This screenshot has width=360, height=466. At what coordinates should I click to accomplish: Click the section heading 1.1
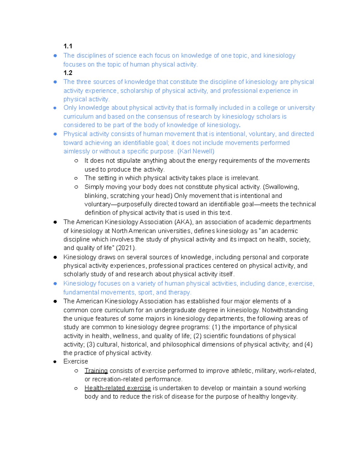[68, 46]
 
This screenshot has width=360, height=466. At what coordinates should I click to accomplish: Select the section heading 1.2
[68, 73]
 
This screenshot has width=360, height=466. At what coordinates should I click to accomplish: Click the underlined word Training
[96, 371]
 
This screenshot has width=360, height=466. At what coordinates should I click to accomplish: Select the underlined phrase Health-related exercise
[118, 388]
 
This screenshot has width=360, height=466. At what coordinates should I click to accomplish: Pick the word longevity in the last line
[284, 397]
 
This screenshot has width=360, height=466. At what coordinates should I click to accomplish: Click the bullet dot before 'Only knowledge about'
[55, 108]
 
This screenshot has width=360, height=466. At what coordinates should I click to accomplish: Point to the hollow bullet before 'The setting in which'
[76, 178]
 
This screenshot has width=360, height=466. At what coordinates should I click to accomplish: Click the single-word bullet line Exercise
[76, 362]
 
